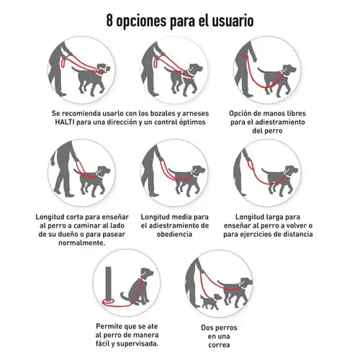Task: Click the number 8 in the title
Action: click(x=109, y=21)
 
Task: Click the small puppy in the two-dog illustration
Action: click(x=210, y=302)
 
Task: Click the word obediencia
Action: click(x=174, y=234)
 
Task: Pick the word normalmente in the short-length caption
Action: click(x=82, y=243)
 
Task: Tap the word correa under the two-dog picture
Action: click(x=219, y=345)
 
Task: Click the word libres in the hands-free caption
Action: click(x=295, y=113)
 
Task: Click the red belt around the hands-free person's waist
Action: click(x=243, y=55)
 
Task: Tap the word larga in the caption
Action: click(x=269, y=217)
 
